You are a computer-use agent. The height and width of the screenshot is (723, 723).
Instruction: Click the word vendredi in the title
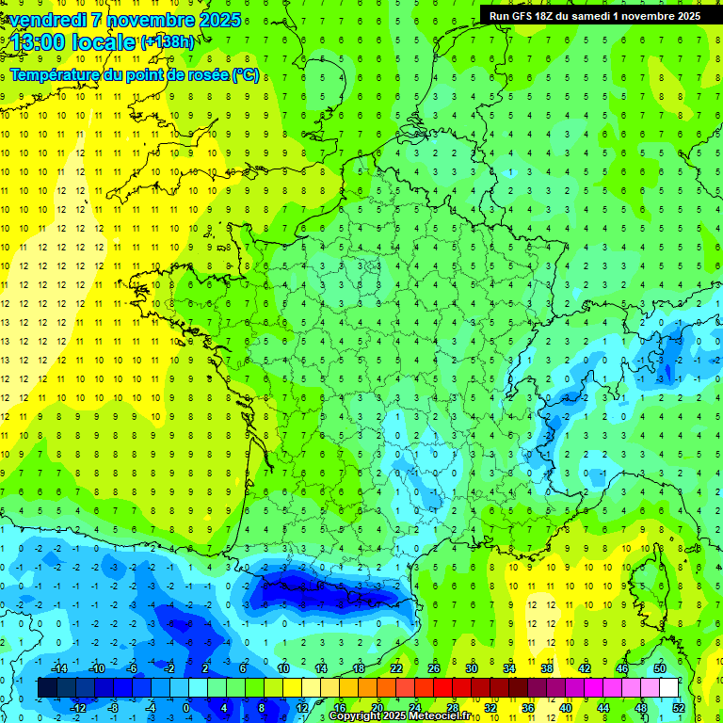point(53,20)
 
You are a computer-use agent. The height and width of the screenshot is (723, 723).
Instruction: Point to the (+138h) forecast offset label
point(167,42)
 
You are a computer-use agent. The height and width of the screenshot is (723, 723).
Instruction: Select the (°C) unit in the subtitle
point(246,74)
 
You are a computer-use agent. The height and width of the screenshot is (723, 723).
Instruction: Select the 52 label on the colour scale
point(679,708)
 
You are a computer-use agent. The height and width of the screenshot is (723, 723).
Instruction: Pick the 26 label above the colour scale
point(433,668)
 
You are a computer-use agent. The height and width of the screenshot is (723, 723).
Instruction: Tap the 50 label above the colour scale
point(659,668)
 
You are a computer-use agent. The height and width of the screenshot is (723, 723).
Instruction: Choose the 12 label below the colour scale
point(301,708)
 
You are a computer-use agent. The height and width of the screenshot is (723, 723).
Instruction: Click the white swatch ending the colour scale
point(668,688)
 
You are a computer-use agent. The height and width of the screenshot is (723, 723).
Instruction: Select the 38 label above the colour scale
point(546,668)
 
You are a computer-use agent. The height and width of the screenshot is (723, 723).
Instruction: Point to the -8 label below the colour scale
point(113,708)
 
